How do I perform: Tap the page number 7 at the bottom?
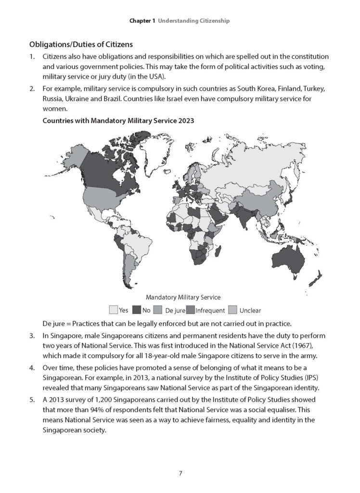(180, 473)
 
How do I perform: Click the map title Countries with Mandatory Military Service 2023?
(118, 121)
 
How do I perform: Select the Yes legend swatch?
(114, 310)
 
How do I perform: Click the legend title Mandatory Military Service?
(180, 298)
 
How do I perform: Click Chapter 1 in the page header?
(142, 21)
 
